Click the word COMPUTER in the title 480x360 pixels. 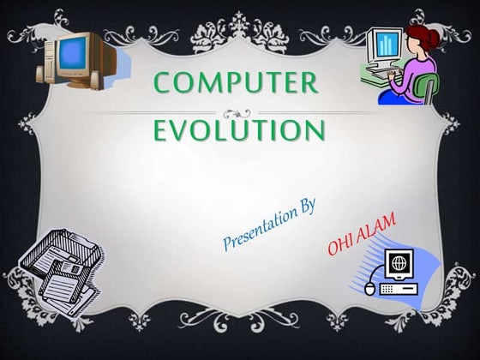236,82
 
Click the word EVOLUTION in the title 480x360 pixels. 239,129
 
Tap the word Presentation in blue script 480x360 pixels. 259,228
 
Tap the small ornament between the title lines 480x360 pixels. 237,114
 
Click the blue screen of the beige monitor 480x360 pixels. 72,53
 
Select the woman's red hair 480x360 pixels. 423,37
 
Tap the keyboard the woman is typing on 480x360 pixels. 382,72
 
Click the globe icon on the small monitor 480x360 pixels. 399,262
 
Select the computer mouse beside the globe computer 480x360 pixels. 369,289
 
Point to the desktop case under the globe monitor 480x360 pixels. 399,289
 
